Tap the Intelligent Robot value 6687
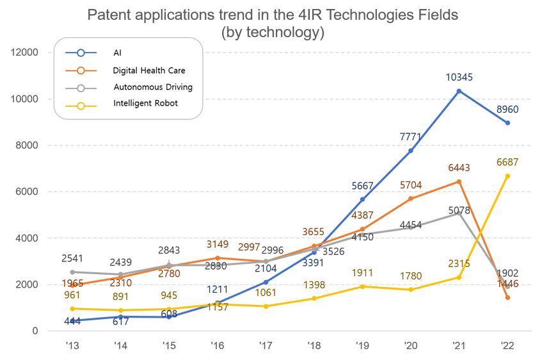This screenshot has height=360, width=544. point(507,162)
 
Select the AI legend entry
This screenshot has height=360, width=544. point(117,53)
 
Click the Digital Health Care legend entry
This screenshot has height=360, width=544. point(148,70)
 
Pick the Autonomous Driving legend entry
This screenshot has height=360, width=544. point(152,86)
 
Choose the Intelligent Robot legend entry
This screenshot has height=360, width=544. point(145,103)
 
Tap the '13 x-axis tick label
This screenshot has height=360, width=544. point(72,346)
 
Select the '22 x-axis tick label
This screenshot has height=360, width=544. point(507,346)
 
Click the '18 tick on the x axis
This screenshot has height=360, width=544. point(314,346)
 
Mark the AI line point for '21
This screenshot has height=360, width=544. point(459,91)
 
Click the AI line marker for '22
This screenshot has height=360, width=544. point(508,123)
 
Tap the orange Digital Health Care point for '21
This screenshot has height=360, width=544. point(459,181)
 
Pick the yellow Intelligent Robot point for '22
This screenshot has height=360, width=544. point(508,176)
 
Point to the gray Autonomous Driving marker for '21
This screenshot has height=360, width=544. point(459,213)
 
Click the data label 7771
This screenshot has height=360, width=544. point(411,136)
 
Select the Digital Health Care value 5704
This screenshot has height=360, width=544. point(410,185)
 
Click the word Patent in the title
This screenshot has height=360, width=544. point(106,15)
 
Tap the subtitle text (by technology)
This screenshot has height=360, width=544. point(272,31)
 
